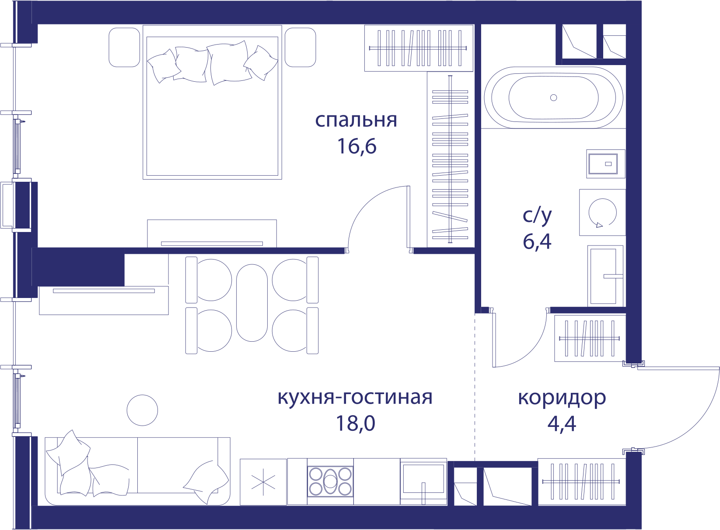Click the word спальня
pos(356,121)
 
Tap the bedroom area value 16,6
pos(357,146)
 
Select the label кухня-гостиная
pos(355,397)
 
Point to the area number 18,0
pos(356,423)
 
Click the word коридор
pos(562,398)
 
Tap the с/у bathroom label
pos(537,215)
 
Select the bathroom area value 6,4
pos(537,241)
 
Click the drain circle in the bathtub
pos(553,97)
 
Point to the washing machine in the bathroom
pos(602,212)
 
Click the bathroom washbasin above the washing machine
pos(605,164)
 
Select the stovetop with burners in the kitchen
pos(330,482)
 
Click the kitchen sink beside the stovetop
pos(423,482)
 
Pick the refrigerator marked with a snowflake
pos(263,482)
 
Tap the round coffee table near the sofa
pos(142,410)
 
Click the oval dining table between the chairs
pos(252,303)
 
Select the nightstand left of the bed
pos(124,47)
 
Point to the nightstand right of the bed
pos(300,47)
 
